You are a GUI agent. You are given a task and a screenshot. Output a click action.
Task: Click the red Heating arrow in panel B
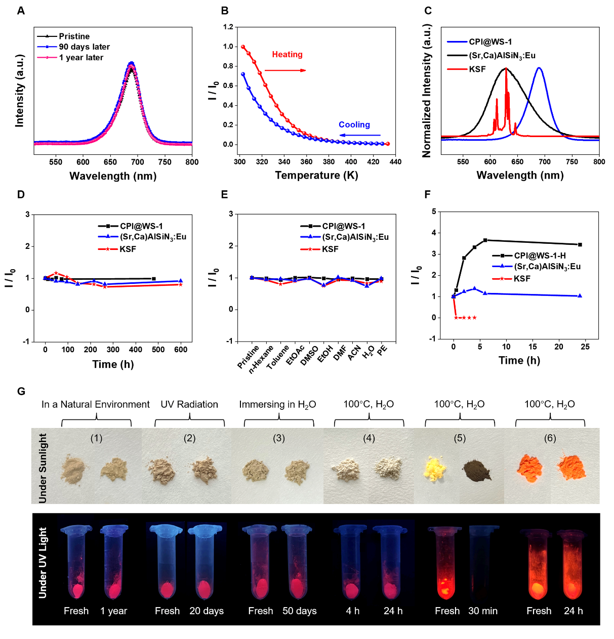[285, 70]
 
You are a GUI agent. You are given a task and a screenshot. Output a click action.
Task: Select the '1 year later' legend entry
[80, 58]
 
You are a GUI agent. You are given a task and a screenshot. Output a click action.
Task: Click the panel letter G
[21, 391]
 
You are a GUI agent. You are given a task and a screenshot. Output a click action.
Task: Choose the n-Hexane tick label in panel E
[262, 359]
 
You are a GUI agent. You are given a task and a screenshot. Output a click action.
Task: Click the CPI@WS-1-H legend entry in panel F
[540, 256]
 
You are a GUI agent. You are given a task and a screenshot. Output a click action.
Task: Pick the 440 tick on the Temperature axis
[396, 162]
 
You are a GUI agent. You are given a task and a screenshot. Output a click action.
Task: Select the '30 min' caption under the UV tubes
[482, 611]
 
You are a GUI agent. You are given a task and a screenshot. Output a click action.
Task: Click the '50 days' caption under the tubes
[299, 611]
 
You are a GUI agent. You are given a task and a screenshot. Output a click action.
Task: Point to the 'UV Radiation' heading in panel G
[189, 404]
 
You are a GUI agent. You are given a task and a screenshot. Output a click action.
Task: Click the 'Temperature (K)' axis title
[316, 176]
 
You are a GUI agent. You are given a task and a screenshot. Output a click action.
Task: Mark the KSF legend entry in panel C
[477, 69]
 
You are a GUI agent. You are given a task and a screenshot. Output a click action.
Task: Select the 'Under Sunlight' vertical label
[43, 467]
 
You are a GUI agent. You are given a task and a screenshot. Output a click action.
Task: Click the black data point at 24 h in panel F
[580, 245]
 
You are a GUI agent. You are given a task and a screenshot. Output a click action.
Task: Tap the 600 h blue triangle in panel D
[181, 281]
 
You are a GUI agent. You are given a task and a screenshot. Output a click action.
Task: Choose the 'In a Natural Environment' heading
[96, 404]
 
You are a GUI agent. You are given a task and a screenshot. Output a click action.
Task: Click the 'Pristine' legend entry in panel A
[74, 36]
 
